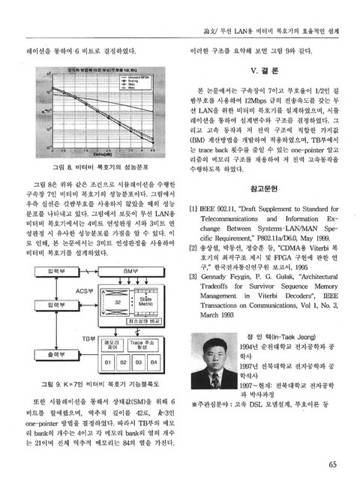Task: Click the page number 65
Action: click(x=331, y=462)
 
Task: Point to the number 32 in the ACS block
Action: click(x=117, y=301)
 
